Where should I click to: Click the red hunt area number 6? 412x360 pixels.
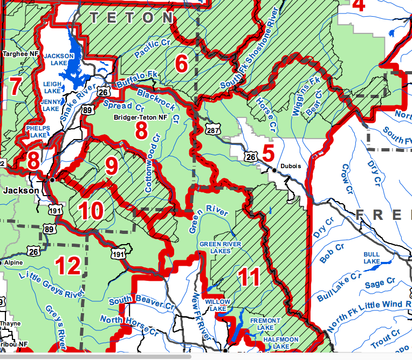182,65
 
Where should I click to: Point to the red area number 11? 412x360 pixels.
250,277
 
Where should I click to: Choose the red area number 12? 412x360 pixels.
68,265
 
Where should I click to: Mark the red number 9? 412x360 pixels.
111,167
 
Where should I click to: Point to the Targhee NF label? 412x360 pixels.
21,54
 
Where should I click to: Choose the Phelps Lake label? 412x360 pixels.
38,132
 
